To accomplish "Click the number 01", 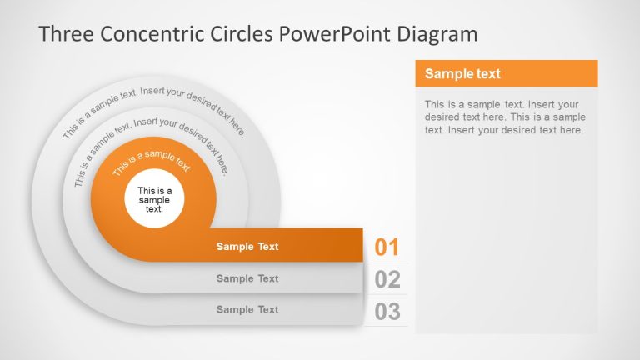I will point(387,247).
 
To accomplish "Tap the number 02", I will point(387,279).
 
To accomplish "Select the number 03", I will point(387,312).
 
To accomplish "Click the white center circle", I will point(154,198).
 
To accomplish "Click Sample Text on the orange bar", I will point(247,247).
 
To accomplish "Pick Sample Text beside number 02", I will point(247,278).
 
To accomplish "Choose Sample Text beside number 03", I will point(247,309).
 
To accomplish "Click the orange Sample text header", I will point(506,73).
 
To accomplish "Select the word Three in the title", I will point(66,34).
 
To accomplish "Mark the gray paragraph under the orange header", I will point(503,117).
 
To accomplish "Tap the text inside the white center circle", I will point(154,200).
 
